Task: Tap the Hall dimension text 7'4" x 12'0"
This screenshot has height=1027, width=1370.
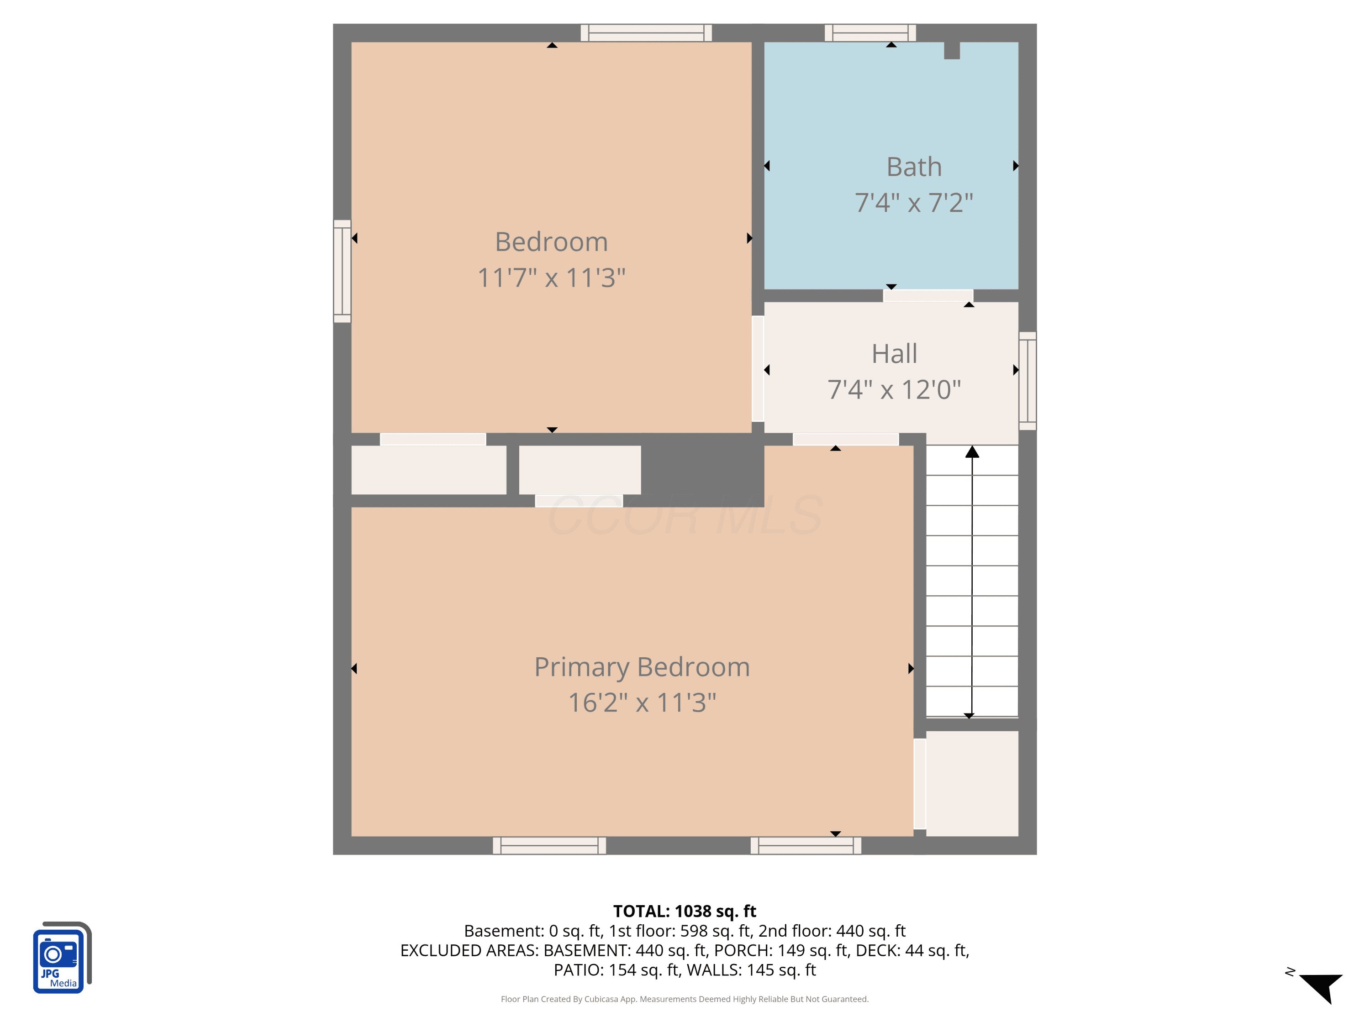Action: click(x=894, y=389)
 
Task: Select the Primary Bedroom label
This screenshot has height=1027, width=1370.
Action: click(x=642, y=667)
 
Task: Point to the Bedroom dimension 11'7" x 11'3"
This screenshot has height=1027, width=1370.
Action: click(x=551, y=278)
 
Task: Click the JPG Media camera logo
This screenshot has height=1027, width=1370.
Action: click(x=62, y=957)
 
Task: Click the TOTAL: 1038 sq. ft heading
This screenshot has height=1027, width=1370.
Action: click(x=685, y=911)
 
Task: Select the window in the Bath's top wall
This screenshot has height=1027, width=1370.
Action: click(x=870, y=33)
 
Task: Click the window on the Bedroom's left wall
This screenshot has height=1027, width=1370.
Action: click(x=342, y=271)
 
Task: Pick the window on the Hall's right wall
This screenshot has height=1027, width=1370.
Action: click(x=1027, y=381)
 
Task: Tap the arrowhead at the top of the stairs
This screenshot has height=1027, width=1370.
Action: click(x=972, y=452)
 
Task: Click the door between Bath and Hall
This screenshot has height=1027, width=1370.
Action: click(x=928, y=295)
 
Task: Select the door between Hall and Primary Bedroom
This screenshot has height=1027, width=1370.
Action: click(x=845, y=439)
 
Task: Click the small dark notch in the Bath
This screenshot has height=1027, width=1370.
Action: click(x=952, y=51)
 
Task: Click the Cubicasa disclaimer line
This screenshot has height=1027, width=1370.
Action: click(x=685, y=999)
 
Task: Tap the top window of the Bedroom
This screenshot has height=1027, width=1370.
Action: click(x=646, y=33)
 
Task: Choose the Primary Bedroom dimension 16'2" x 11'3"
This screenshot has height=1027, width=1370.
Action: click(x=642, y=702)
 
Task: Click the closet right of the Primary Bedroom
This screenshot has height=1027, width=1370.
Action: click(x=972, y=784)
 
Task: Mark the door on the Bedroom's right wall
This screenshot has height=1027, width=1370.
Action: click(x=758, y=369)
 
